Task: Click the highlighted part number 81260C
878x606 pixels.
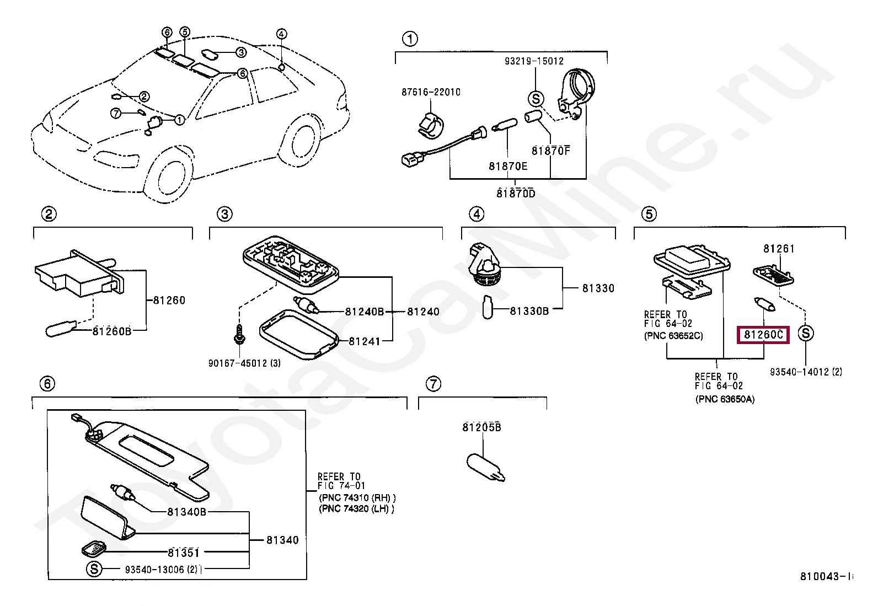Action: pos(763,334)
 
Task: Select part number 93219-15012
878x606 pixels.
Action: pos(534,61)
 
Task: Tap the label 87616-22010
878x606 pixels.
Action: pos(430,92)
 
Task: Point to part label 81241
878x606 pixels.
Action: pos(364,341)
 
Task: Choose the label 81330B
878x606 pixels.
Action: pos(529,311)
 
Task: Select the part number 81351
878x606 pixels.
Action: pos(184,553)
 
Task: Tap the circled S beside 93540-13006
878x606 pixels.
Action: pos(94,569)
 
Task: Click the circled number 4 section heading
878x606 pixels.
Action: pos(476,214)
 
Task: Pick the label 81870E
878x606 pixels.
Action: pos(507,165)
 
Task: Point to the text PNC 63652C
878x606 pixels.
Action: pos(673,335)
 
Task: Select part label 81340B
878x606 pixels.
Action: pos(186,512)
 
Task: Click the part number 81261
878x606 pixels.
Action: pos(779,249)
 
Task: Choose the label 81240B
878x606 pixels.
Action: pos(364,312)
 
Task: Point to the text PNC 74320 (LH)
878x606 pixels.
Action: pos(356,510)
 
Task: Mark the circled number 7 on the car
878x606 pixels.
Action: pos(115,113)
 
